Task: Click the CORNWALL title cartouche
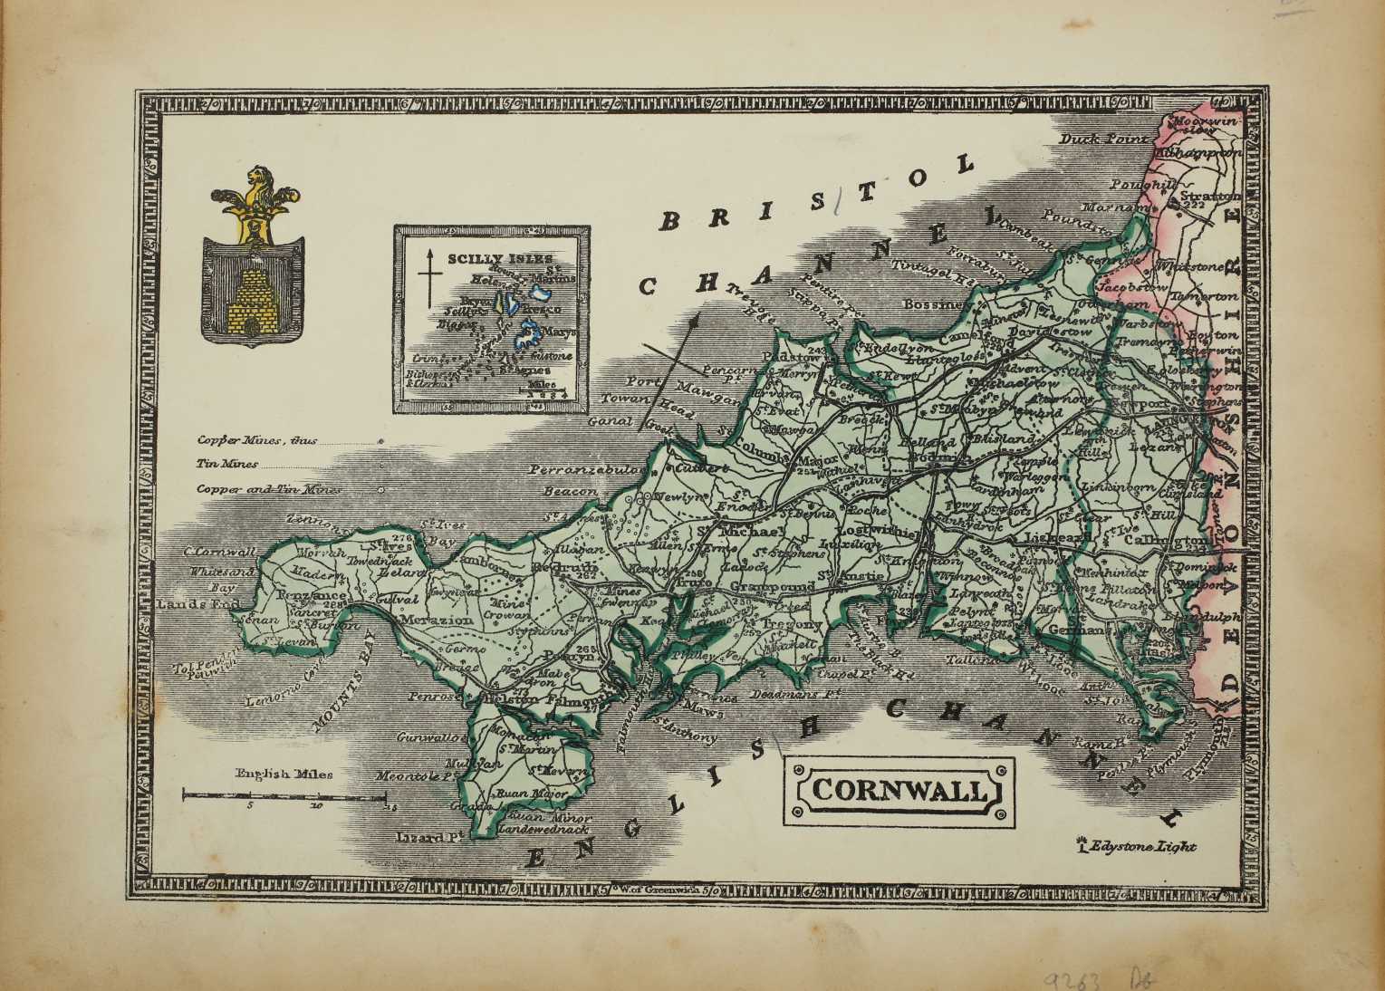tap(899, 790)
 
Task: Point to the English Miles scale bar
tap(284, 794)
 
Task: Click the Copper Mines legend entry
tap(257, 441)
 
